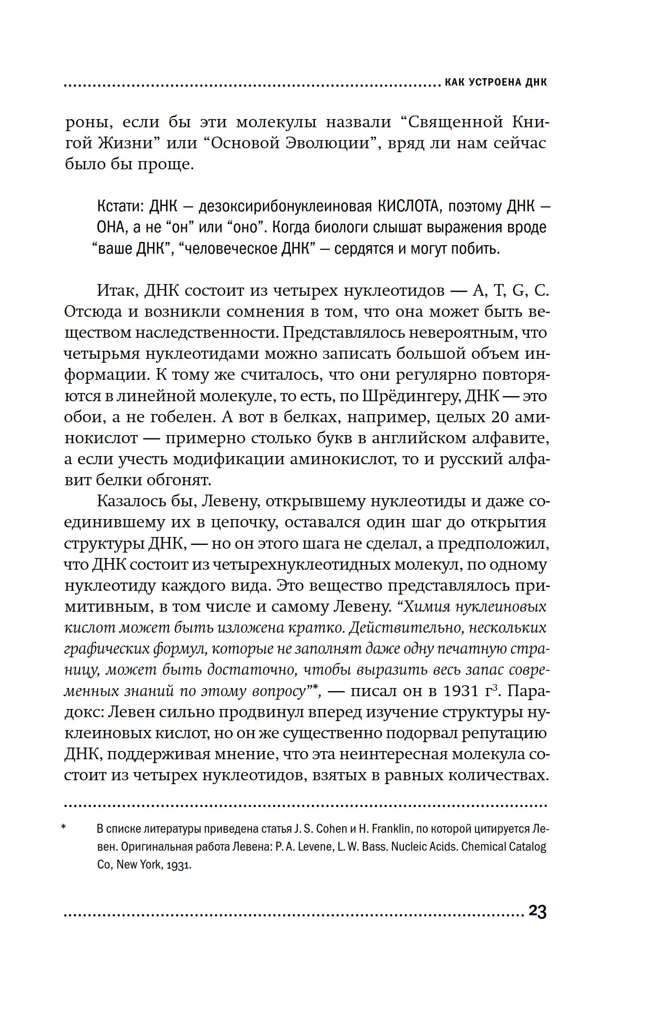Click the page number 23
(x=538, y=912)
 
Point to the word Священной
(x=456, y=122)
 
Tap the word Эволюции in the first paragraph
(x=290, y=143)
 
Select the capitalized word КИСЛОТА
(x=408, y=206)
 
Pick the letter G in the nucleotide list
(x=518, y=291)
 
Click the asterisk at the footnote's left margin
(x=64, y=828)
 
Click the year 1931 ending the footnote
(x=179, y=865)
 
